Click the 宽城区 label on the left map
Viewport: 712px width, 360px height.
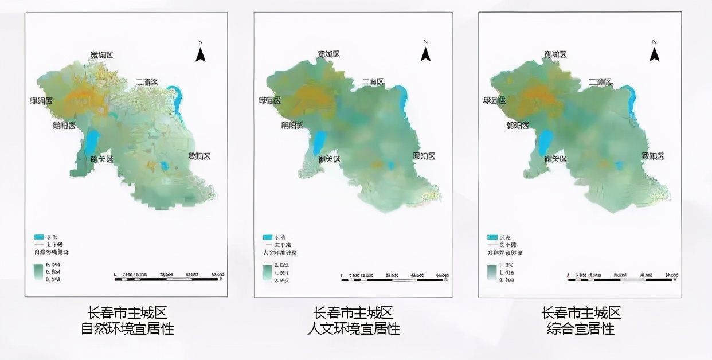coord(101,55)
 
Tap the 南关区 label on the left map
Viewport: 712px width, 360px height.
coord(102,159)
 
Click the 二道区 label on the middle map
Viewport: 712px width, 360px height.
coord(373,83)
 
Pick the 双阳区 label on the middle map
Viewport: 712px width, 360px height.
coord(424,156)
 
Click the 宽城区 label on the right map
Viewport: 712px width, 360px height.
coord(555,54)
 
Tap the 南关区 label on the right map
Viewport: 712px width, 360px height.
coord(555,159)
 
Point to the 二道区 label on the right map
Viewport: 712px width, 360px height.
coord(600,83)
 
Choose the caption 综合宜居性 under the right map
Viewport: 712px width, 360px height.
coord(581,329)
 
